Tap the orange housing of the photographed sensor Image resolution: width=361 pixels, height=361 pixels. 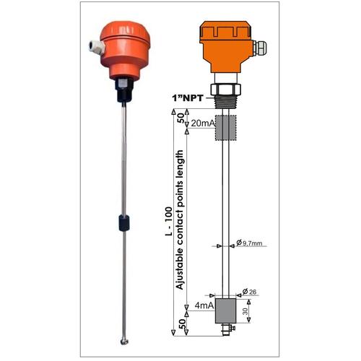(x=123, y=51)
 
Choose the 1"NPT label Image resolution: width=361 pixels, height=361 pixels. (x=189, y=97)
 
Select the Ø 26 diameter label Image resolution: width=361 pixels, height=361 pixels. (x=250, y=291)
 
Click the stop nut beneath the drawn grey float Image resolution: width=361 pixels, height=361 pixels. (x=227, y=329)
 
